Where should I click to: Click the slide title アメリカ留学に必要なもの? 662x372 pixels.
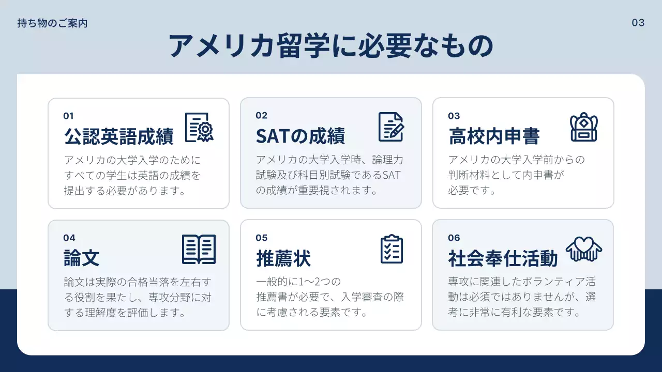pos(331,47)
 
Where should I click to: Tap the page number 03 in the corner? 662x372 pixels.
pos(638,23)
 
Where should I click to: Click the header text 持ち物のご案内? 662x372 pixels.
pos(52,23)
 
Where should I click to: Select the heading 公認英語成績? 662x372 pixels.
pos(118,137)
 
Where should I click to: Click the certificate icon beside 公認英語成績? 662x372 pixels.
pos(199,127)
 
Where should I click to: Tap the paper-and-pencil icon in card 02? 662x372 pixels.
pos(390,127)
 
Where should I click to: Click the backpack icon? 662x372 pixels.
pos(584,127)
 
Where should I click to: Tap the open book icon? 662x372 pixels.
pos(199,250)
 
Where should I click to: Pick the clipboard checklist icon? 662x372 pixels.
pos(392,250)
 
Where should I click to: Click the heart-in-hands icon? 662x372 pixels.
pos(584,249)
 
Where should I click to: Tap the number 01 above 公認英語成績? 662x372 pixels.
pos(68,116)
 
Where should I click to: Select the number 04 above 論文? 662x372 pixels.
pos(69,238)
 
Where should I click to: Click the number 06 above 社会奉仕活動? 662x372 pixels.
pos(454,238)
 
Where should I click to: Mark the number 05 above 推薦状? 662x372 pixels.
pos(261,238)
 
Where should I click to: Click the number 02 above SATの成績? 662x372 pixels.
pos(261,116)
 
